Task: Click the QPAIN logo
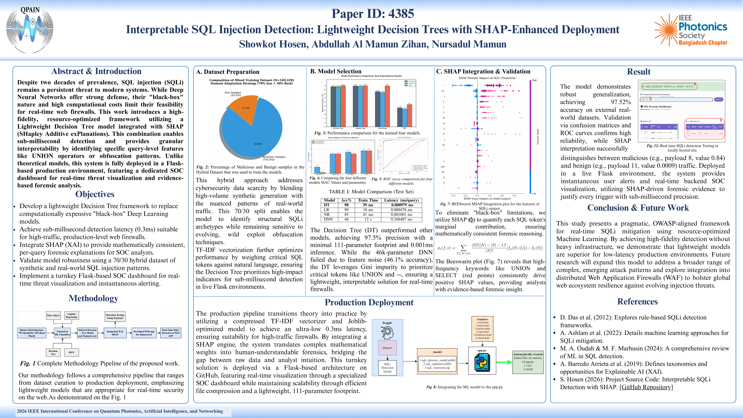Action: tap(30, 29)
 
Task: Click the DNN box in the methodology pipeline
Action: tap(72, 352)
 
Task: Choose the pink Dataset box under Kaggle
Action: tap(387, 348)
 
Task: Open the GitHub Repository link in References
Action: tap(646, 387)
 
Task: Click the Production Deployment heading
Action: tap(369, 302)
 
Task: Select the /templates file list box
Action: tap(482, 329)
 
